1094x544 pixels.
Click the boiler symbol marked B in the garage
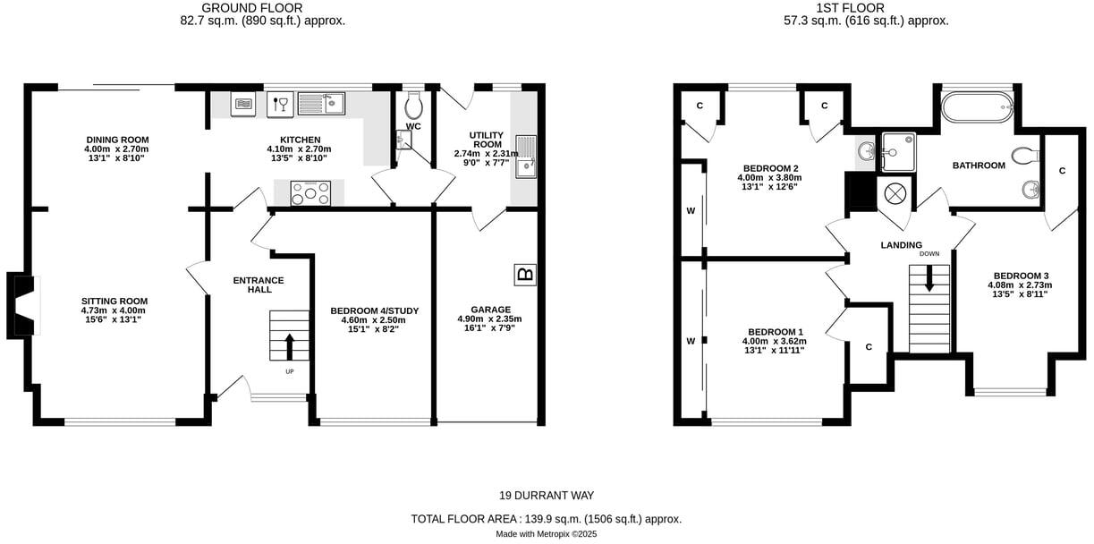525,275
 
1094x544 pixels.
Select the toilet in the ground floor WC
413,107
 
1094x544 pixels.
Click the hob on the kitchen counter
310,191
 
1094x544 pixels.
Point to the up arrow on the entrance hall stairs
289,345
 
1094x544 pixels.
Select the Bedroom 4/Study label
374,310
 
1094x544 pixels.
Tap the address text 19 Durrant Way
547,496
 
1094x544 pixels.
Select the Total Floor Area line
547,519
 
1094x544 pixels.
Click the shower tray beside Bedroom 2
896,151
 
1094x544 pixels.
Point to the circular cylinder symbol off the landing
895,193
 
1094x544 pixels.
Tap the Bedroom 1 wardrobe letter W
690,341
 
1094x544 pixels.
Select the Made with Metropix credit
547,534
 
